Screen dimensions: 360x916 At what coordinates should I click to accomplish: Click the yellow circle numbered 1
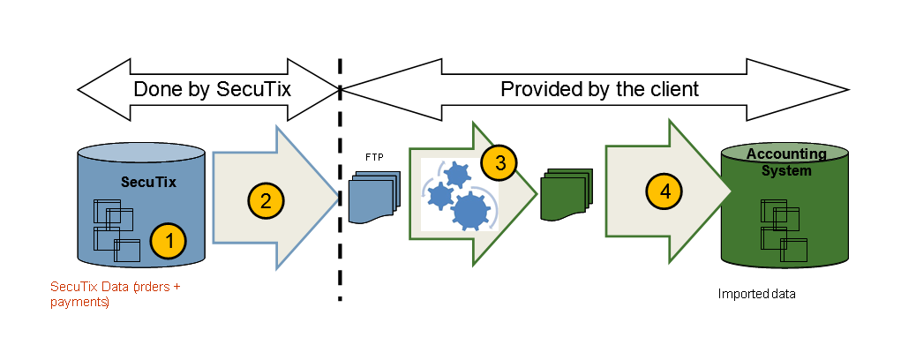click(168, 239)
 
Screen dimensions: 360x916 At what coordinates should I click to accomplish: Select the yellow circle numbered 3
click(499, 162)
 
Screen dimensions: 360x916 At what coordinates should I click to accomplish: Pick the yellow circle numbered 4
click(664, 191)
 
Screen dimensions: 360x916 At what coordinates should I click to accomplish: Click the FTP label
click(374, 156)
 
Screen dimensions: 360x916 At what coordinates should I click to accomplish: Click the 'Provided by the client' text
click(599, 89)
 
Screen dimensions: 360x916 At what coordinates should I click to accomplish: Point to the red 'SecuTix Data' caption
click(115, 294)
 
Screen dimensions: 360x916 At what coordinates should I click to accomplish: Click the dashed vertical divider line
click(340, 176)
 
